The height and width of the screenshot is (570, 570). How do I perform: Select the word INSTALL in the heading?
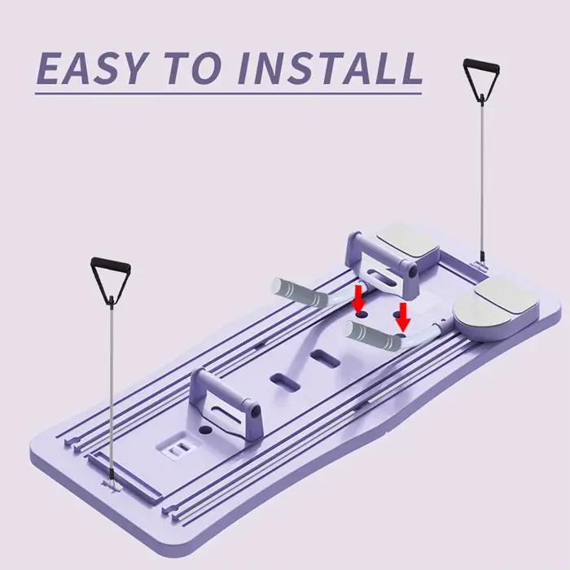click(330, 68)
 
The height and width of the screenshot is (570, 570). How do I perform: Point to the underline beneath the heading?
click(228, 94)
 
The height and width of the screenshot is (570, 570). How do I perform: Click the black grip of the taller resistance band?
click(481, 65)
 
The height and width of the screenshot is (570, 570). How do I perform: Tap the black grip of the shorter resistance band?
click(110, 265)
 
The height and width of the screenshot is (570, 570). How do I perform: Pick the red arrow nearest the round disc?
click(403, 317)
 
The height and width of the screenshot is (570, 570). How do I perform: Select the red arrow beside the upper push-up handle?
click(359, 299)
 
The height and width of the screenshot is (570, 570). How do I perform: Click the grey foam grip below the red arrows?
click(374, 335)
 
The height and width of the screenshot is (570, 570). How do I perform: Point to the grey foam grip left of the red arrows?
click(300, 293)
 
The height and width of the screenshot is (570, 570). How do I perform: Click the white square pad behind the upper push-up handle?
click(407, 240)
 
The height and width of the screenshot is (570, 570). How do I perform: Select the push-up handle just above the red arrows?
click(383, 265)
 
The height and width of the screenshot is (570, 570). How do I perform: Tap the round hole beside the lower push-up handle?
click(205, 430)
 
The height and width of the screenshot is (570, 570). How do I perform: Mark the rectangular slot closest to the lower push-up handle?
click(285, 383)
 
